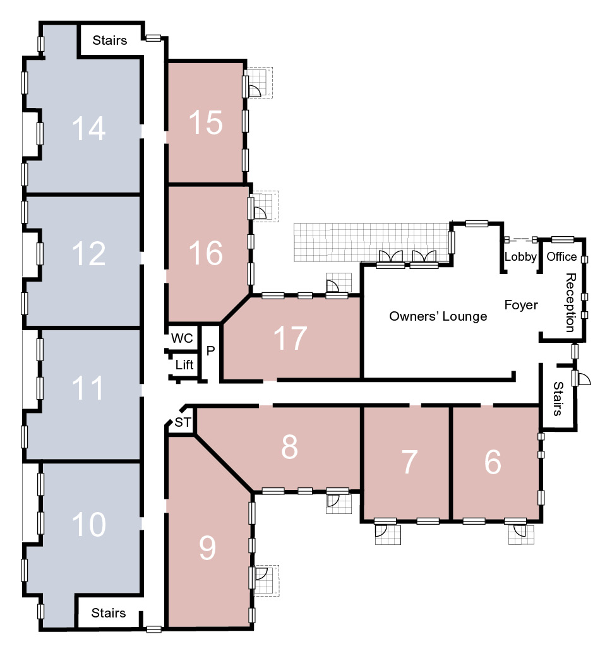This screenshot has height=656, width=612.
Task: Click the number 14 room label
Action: pyautogui.click(x=89, y=128)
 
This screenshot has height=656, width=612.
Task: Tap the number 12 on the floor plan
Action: pyautogui.click(x=89, y=254)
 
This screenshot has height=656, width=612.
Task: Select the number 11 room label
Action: pyautogui.click(x=88, y=388)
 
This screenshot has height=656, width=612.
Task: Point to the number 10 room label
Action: pyautogui.click(x=89, y=524)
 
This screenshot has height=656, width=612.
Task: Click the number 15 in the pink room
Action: pyautogui.click(x=205, y=122)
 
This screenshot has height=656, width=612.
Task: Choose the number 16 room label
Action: pyautogui.click(x=205, y=253)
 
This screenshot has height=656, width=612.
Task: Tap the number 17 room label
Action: pyautogui.click(x=290, y=338)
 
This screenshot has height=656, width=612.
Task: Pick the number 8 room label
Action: pyautogui.click(x=289, y=447)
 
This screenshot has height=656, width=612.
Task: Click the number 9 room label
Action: pyautogui.click(x=207, y=548)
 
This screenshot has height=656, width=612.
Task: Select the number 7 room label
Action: pyautogui.click(x=409, y=462)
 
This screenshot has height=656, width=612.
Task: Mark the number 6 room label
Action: pyautogui.click(x=493, y=462)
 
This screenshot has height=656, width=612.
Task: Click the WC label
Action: pyautogui.click(x=182, y=338)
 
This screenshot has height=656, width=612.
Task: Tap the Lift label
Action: pyautogui.click(x=184, y=365)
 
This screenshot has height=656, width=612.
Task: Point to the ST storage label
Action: pyautogui.click(x=183, y=422)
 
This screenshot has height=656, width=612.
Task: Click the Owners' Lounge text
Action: pyautogui.click(x=438, y=316)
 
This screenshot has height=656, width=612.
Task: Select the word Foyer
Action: pyautogui.click(x=521, y=305)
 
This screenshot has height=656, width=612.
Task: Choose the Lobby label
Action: pyautogui.click(x=520, y=256)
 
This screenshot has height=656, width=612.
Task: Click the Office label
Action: pyautogui.click(x=561, y=256)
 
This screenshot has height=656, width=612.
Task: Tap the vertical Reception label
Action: pyautogui.click(x=570, y=302)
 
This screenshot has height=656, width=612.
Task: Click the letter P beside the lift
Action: pyautogui.click(x=210, y=350)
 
